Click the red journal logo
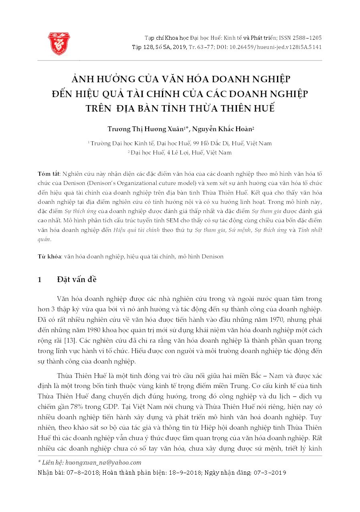[x=59, y=43]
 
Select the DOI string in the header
[x=270, y=47]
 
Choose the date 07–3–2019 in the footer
[x=270, y=472]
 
